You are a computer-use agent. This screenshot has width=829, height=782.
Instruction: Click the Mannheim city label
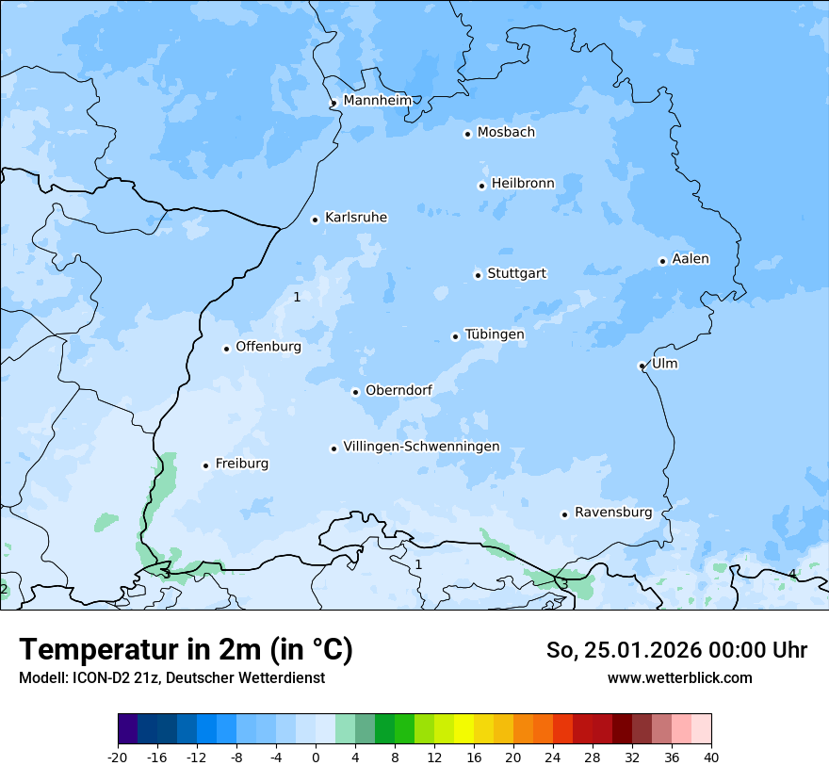coord(377,100)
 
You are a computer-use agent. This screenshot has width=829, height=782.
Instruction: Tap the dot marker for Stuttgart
coord(478,275)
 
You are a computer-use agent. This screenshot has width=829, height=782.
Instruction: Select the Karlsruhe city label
coord(356,218)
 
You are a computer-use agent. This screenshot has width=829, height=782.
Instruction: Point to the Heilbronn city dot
coord(481,186)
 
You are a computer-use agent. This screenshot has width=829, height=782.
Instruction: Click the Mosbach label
coord(506,132)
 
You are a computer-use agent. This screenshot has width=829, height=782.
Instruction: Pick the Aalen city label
coord(691,259)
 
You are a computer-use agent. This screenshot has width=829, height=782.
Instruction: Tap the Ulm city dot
coord(642,366)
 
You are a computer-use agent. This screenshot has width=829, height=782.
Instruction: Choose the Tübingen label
coord(495,334)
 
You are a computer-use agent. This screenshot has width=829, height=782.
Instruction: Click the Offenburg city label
coord(268,347)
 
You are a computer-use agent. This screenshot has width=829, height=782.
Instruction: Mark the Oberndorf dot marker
coord(355,392)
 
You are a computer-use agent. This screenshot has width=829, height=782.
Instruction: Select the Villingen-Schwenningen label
coord(421,447)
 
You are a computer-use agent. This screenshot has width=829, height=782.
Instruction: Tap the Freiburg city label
coord(242,464)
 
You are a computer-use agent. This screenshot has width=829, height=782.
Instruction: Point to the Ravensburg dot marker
coord(564,514)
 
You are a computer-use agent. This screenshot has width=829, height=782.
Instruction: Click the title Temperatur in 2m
coord(186,650)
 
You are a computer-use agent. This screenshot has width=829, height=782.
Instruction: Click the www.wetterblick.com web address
coord(679,677)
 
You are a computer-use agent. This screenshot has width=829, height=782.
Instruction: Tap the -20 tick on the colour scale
coord(118,757)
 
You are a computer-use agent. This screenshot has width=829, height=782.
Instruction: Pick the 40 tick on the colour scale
coord(711,757)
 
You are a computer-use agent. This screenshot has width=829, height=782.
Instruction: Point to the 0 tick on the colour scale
coord(316,757)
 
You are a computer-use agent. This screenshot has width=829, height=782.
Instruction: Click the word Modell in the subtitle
coord(41,677)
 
